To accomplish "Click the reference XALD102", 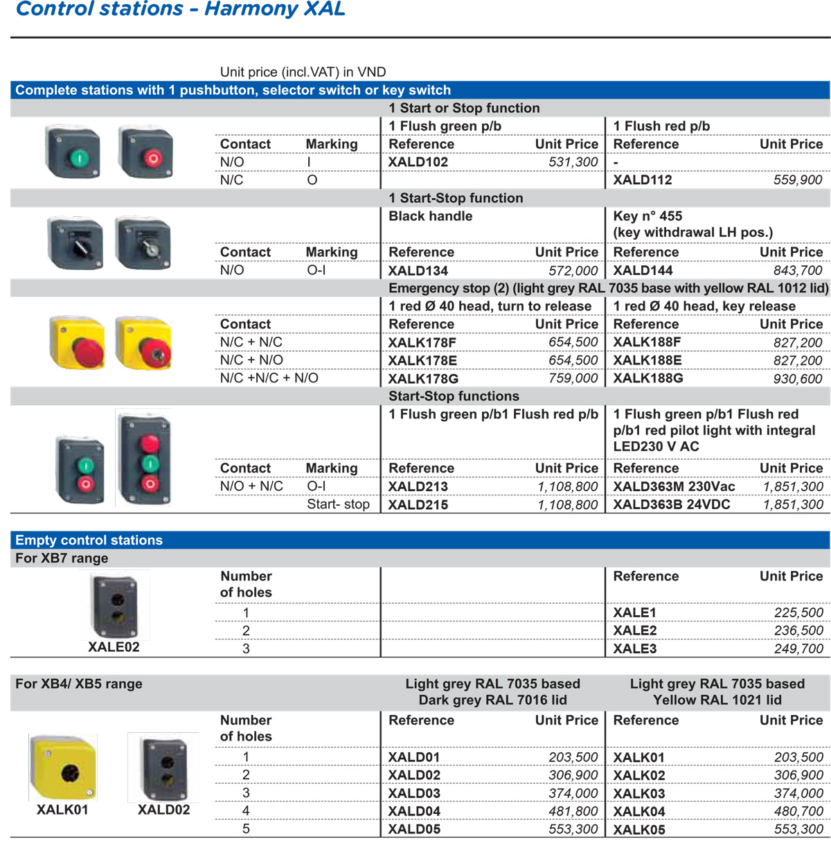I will pyautogui.click(x=418, y=162).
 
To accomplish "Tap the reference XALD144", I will pyautogui.click(x=643, y=271).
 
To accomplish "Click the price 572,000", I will pyautogui.click(x=573, y=271).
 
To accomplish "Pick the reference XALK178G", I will pyautogui.click(x=422, y=379).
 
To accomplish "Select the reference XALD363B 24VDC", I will pyautogui.click(x=671, y=504).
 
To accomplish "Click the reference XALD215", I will pyautogui.click(x=418, y=505).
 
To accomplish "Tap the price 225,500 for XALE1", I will pyautogui.click(x=798, y=613).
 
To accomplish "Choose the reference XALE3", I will pyautogui.click(x=634, y=649).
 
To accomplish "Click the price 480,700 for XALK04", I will pyautogui.click(x=798, y=811).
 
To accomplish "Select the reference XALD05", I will pyautogui.click(x=414, y=829).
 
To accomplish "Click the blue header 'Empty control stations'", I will pyautogui.click(x=89, y=540).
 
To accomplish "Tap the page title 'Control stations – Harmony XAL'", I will pyautogui.click(x=180, y=9).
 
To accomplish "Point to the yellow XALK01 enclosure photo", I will pyautogui.click(x=63, y=767).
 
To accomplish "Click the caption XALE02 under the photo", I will pyautogui.click(x=114, y=647).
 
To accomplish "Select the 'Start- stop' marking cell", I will pyautogui.click(x=338, y=504).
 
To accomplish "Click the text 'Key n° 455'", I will pyautogui.click(x=647, y=216).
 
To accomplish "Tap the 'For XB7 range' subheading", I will pyautogui.click(x=62, y=558).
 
